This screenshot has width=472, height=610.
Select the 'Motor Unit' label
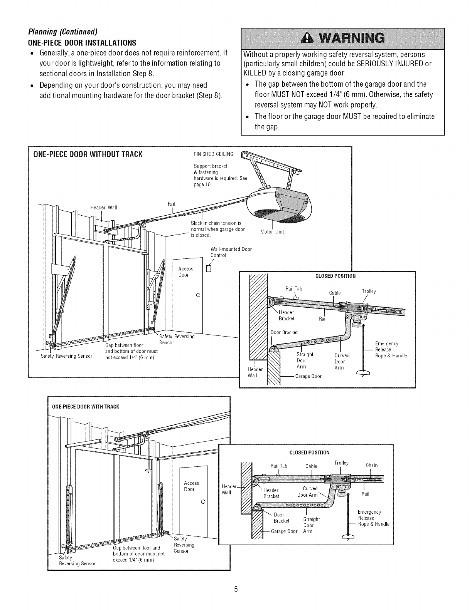272,232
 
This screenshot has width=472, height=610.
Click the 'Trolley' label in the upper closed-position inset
369,291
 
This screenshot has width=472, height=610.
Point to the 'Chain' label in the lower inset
372,465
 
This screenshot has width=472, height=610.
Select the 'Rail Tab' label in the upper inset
293,289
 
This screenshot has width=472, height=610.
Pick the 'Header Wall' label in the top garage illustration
103,208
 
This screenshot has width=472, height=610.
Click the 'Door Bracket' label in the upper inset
284,332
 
